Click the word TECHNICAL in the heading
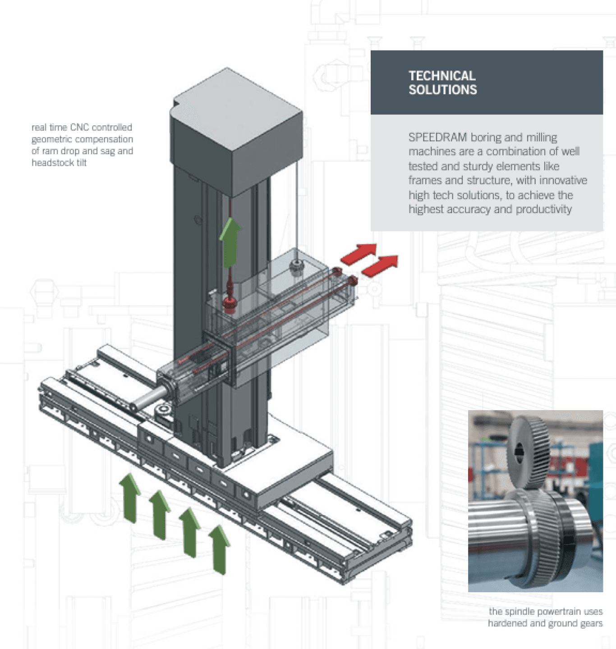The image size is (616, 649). pos(442,76)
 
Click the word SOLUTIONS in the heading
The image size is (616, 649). pos(442,90)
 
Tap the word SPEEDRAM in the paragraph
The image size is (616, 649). pos(437,137)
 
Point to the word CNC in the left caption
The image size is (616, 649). pos(80,128)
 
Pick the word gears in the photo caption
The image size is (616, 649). pos(591,623)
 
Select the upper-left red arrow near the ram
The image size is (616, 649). pos(359,254)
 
